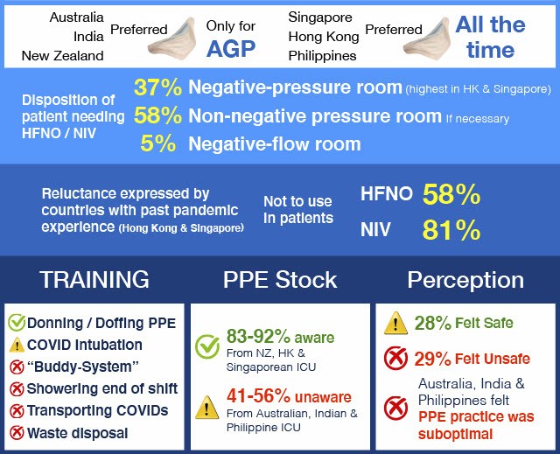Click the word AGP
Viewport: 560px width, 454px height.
coord(231,48)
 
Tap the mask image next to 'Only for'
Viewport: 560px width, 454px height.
coord(173,38)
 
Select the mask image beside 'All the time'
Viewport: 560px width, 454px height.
coord(427,38)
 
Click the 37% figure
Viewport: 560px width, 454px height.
coord(157,87)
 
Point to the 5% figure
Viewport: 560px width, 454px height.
coord(157,143)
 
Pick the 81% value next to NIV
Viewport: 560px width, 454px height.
coord(451,230)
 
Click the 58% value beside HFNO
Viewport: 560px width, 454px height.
coord(451,194)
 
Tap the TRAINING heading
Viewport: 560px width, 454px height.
coord(94,279)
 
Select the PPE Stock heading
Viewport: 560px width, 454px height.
coord(280,279)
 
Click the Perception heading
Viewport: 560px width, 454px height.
coord(465,280)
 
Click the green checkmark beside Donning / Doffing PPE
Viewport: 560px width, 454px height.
coord(17,322)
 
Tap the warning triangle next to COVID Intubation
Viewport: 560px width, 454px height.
coord(17,346)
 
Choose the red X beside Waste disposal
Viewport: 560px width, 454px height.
coord(17,433)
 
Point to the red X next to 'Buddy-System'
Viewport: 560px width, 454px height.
coord(17,367)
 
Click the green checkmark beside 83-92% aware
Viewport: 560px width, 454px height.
coord(207,346)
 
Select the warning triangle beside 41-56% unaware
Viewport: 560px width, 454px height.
coord(207,408)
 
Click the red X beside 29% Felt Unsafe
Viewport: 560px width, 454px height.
coord(395,358)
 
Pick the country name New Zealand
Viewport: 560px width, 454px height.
coord(62,56)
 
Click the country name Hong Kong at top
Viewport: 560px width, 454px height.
coord(324,37)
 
